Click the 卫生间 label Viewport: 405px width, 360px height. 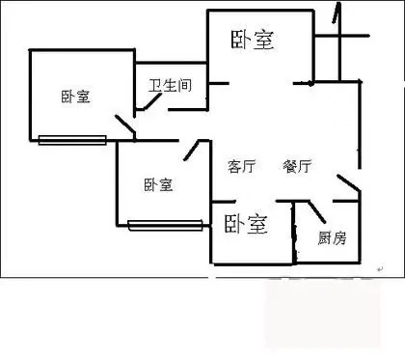pyautogui.click(x=170, y=85)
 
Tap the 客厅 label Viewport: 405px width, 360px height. pyautogui.click(x=242, y=166)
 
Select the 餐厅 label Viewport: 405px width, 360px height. pyautogui.click(x=297, y=166)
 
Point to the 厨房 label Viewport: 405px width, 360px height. pyautogui.click(x=333, y=238)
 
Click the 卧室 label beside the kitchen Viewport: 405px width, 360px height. pyautogui.click(x=246, y=224)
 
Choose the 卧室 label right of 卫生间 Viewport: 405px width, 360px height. pyautogui.click(x=253, y=40)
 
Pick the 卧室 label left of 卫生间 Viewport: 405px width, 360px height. pyautogui.click(x=76, y=97)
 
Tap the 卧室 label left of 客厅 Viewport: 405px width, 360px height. pyautogui.click(x=158, y=185)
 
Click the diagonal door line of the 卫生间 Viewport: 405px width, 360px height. pyautogui.click(x=150, y=101)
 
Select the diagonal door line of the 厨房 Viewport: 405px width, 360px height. pyautogui.click(x=317, y=212)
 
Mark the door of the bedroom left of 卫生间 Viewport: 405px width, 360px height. pyautogui.click(x=125, y=125)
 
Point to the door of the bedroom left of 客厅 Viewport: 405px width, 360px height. pyautogui.click(x=192, y=151)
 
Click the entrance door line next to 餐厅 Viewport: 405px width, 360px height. pyautogui.click(x=348, y=182)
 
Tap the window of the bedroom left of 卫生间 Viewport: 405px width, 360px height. pyautogui.click(x=72, y=140)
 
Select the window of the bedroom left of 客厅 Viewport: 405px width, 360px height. pyautogui.click(x=165, y=225)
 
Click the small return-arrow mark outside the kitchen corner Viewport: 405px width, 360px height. pyautogui.click(x=380, y=268)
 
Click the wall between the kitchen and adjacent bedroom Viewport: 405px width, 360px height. pyautogui.click(x=294, y=233)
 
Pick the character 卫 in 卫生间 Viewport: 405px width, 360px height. pyautogui.click(x=155, y=85)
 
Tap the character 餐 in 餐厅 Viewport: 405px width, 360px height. pyautogui.click(x=290, y=166)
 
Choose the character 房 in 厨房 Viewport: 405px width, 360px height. pyautogui.click(x=339, y=238)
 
